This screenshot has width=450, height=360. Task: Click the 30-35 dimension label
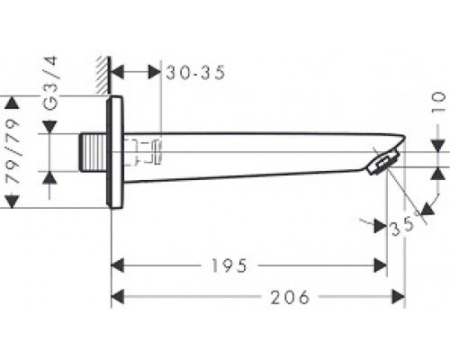click(195, 73)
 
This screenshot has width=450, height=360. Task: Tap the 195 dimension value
click(229, 265)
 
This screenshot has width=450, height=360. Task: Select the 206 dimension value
click(290, 297)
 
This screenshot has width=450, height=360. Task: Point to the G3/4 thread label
click(49, 83)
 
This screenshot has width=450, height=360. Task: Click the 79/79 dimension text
click(13, 151)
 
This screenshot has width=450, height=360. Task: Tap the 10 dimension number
click(438, 103)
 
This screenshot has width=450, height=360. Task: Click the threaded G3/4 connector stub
click(94, 153)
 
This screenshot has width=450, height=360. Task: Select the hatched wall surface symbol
click(103, 75)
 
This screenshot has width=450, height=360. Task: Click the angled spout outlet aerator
click(383, 163)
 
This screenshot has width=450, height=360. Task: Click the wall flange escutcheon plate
click(114, 152)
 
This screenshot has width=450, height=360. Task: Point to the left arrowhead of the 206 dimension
click(117, 297)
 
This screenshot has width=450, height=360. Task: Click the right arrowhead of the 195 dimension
click(381, 265)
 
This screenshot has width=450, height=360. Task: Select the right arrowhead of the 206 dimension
click(399, 297)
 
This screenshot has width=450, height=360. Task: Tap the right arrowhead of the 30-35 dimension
click(155, 73)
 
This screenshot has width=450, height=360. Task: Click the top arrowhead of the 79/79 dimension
click(13, 103)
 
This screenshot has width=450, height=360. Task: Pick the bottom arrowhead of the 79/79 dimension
click(13, 202)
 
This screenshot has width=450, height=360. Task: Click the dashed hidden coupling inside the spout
click(143, 152)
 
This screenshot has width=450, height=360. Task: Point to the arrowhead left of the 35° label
click(381, 226)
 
